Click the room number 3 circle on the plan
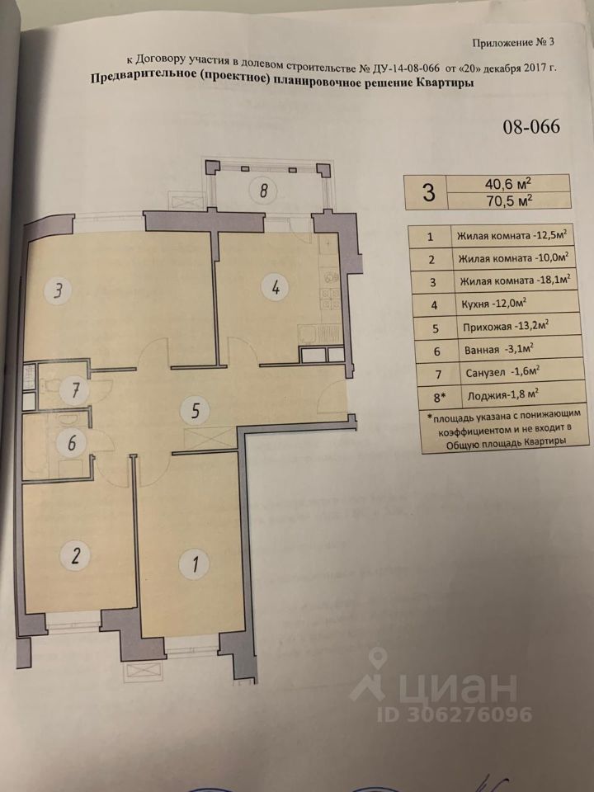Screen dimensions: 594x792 click(x=58, y=290)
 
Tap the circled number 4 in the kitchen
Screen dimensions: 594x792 click(x=276, y=288)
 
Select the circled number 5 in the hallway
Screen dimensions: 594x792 click(x=196, y=408)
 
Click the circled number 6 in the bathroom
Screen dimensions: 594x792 click(x=72, y=443)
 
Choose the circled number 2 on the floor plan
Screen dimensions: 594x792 click(x=76, y=555)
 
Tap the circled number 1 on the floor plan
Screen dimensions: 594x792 click(x=195, y=565)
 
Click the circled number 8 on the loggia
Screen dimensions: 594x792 click(x=263, y=192)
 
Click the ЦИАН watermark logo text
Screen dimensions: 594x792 click(x=462, y=686)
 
